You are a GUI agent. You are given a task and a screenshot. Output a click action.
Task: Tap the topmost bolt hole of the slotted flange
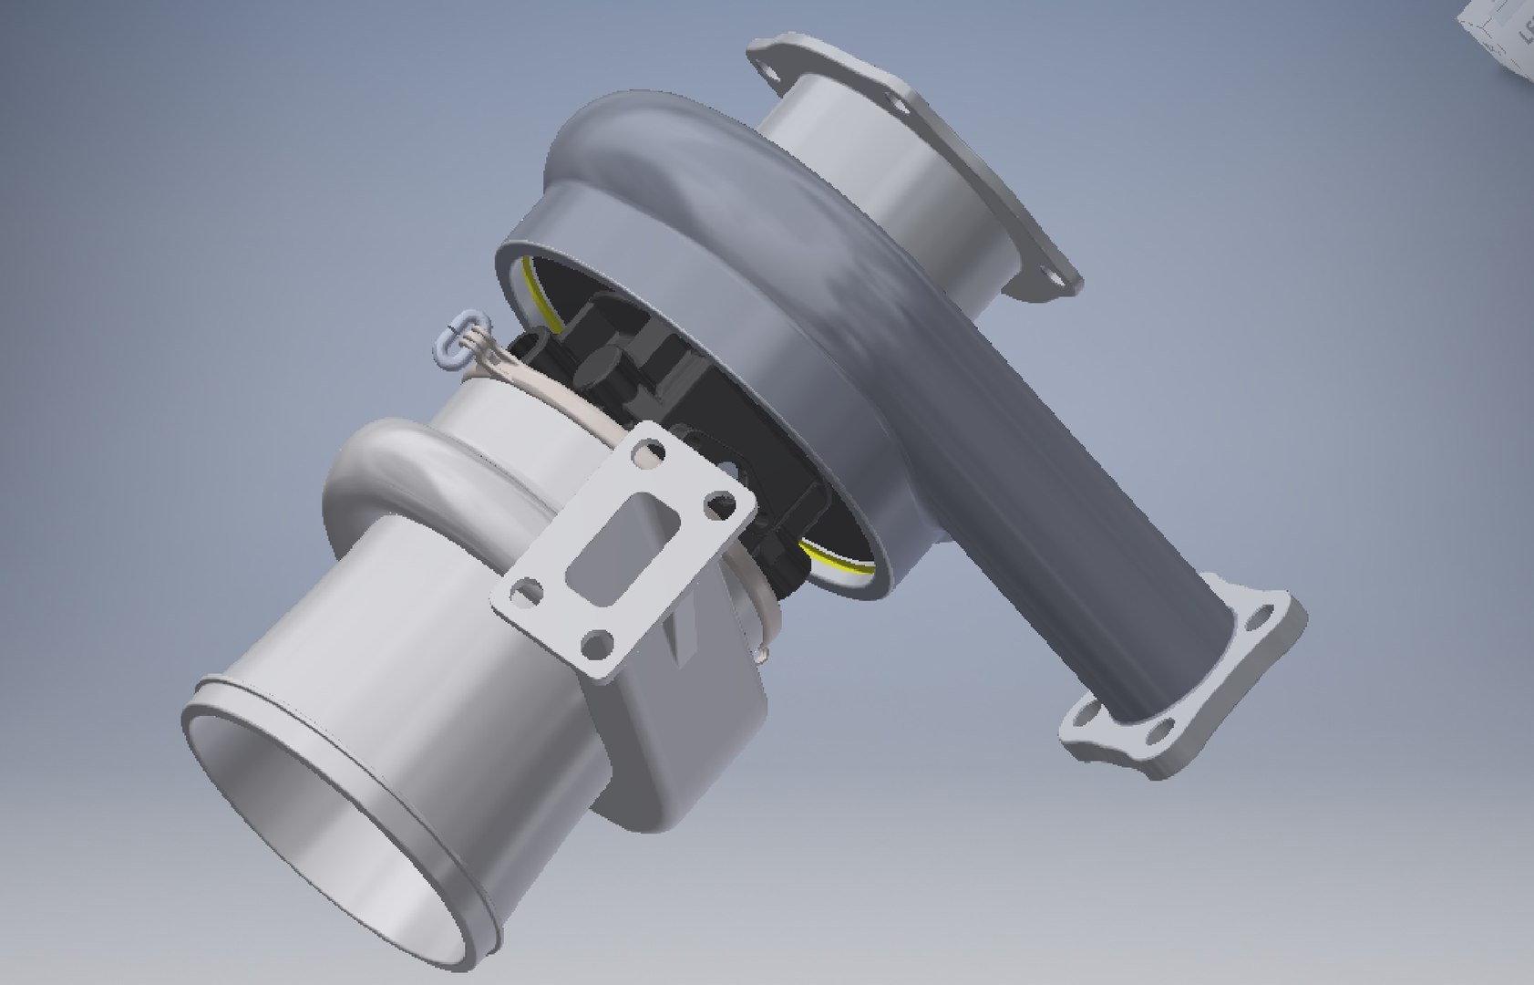pyautogui.click(x=649, y=449)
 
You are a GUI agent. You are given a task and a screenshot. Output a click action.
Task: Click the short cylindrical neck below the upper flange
pyautogui.click(x=875, y=182)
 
